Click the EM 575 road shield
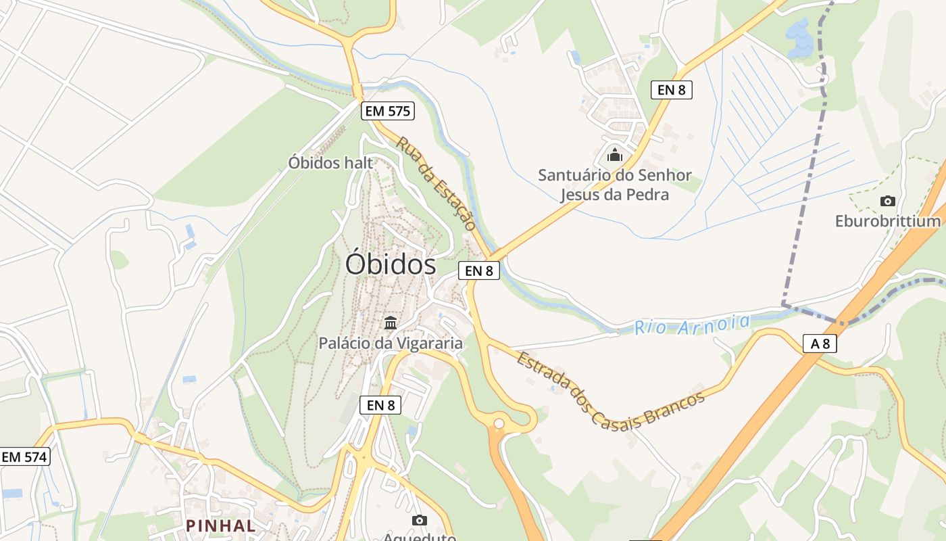(388, 111)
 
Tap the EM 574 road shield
(24, 456)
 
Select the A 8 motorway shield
(820, 344)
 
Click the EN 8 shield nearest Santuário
(672, 89)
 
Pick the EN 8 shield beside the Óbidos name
(479, 270)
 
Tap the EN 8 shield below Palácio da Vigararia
(380, 405)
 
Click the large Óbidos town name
(390, 264)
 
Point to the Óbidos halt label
(330, 162)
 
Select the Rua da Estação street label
(436, 183)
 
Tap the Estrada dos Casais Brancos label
(610, 390)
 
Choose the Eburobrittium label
(888, 221)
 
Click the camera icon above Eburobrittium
(888, 201)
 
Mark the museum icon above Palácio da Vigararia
(391, 323)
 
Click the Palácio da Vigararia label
(391, 343)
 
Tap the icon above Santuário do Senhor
(614, 155)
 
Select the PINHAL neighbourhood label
(221, 525)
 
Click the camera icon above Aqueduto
(420, 520)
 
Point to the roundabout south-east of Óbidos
(499, 423)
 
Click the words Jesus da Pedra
(614, 195)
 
